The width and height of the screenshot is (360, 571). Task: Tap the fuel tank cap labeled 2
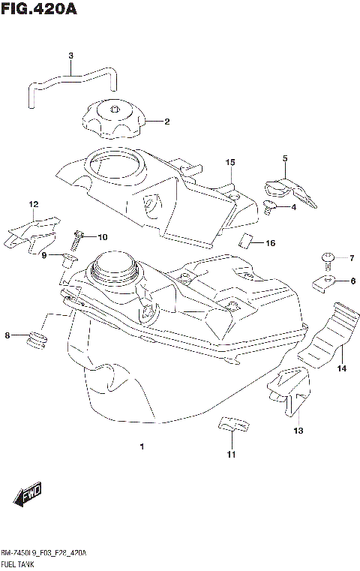(112, 120)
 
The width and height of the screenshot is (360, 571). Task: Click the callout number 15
(229, 162)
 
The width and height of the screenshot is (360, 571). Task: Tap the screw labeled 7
(328, 260)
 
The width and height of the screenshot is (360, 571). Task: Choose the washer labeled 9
(67, 260)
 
